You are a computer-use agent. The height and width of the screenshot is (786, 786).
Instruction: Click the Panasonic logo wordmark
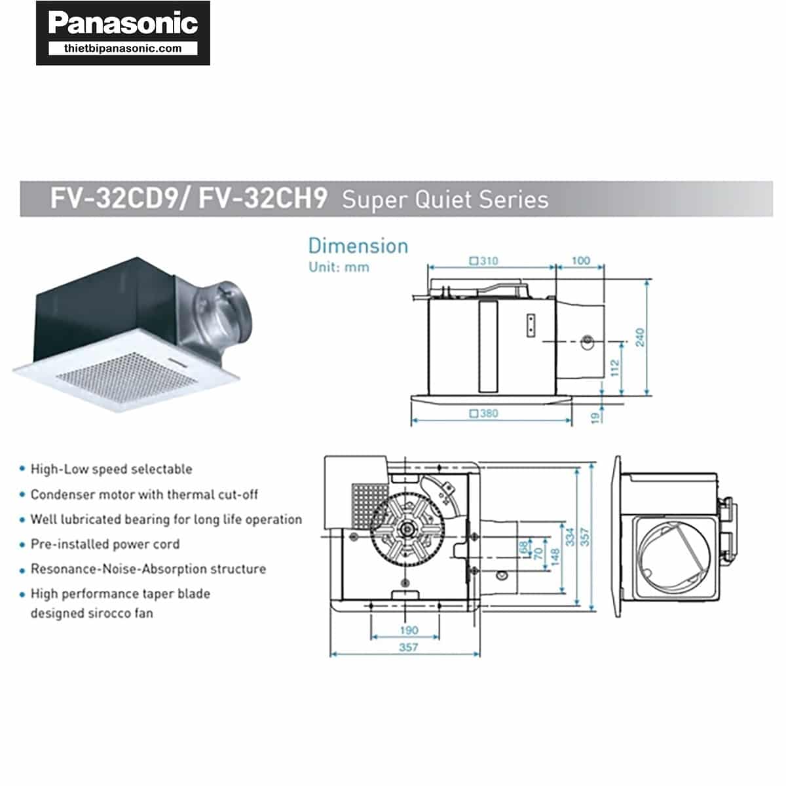point(123,24)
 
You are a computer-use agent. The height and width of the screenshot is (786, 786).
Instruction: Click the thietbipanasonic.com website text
point(123,48)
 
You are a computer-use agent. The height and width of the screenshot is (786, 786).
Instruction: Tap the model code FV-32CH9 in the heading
point(263,198)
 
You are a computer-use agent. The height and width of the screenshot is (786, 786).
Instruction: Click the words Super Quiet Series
point(445,199)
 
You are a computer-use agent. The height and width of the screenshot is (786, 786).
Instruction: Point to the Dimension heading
point(358,246)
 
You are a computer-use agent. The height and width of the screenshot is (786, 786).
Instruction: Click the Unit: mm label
point(339,267)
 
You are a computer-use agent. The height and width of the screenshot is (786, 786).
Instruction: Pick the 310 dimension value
point(488,261)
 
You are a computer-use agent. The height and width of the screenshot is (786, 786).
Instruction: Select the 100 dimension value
point(580,261)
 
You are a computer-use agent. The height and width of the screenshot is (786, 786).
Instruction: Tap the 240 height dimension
point(640,338)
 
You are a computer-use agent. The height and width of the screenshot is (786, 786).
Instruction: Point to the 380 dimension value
point(488,413)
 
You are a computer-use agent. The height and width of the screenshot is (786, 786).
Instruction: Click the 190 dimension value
point(409,630)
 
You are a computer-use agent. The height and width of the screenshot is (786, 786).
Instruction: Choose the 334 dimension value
point(571,537)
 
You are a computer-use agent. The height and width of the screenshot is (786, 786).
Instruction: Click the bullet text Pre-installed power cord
point(105,544)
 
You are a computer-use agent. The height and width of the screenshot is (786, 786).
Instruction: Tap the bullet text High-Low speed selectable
point(111,469)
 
